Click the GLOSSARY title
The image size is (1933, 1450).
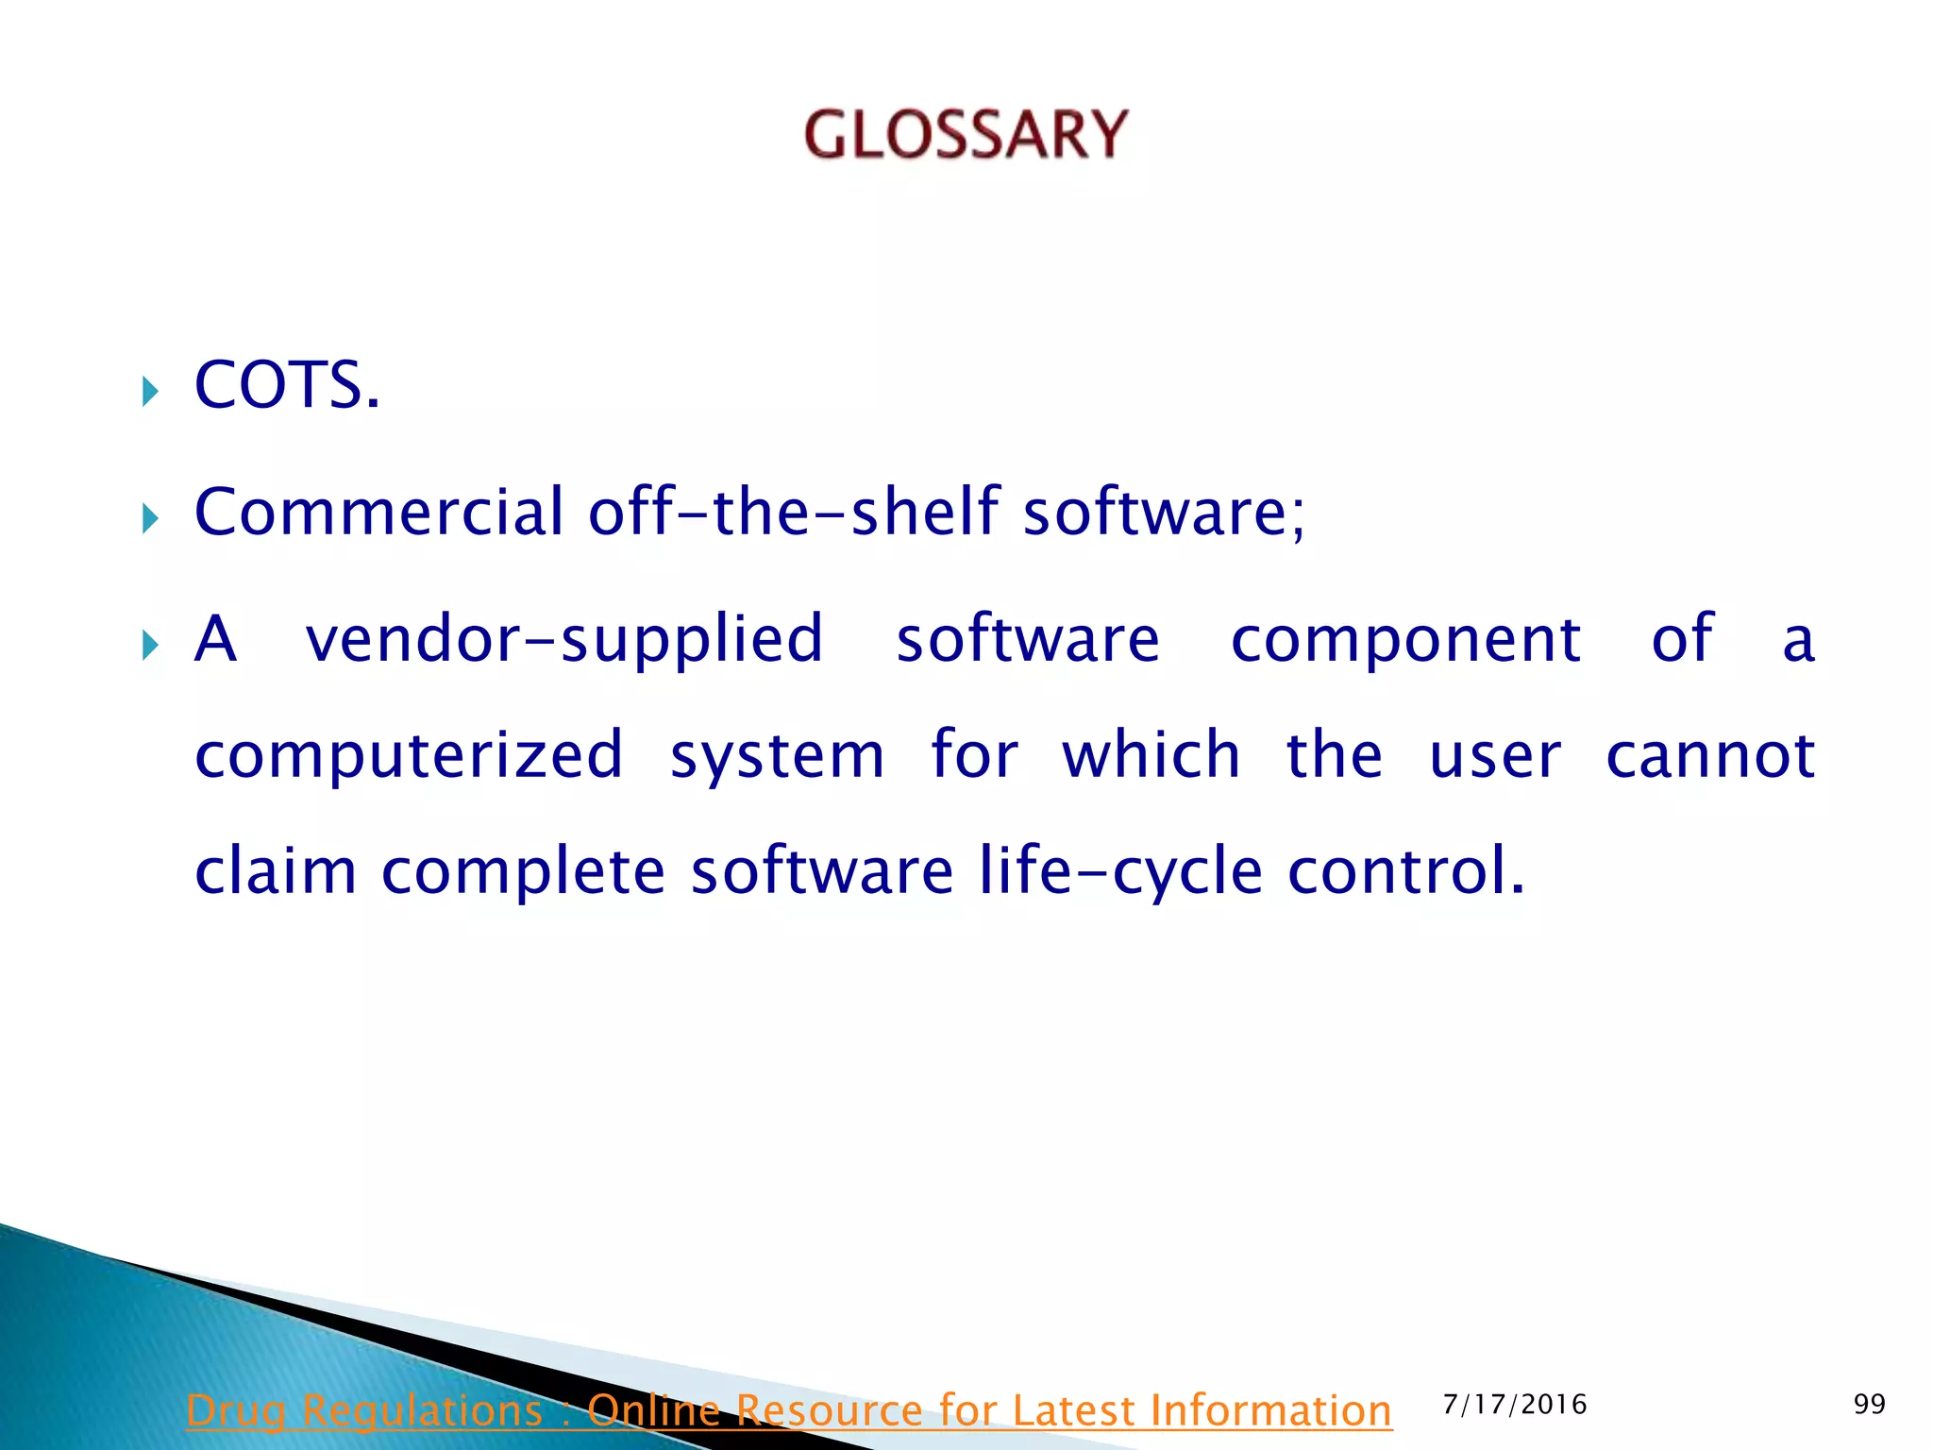click(966, 134)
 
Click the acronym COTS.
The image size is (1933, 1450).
click(286, 386)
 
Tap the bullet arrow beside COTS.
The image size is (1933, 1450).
click(150, 391)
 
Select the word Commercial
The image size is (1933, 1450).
click(378, 512)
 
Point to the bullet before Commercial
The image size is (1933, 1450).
click(150, 518)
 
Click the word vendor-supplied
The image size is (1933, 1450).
click(564, 640)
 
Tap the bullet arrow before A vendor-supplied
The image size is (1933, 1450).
click(150, 647)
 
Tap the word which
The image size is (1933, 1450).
click(1151, 756)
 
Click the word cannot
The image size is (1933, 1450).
click(1710, 756)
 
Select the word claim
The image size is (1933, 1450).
click(275, 870)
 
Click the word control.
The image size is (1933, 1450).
click(1405, 870)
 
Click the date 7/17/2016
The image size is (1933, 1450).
click(1515, 1405)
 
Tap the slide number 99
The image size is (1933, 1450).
click(1869, 1405)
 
